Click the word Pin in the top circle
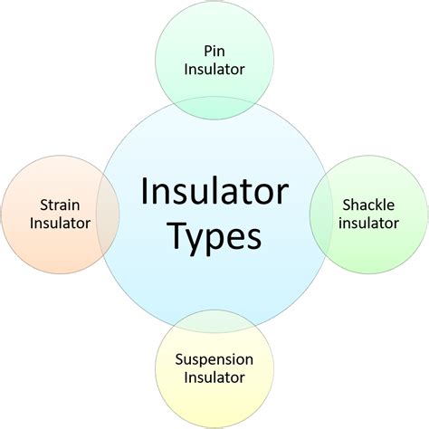tap(214, 51)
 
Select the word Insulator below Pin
tap(214, 69)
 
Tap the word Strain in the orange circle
tap(60, 205)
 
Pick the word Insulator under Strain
tap(60, 224)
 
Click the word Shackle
tap(368, 205)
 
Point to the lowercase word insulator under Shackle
tap(368, 224)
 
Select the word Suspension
tap(214, 360)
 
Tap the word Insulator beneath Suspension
tap(214, 377)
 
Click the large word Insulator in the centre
tap(214, 192)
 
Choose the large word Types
tap(215, 237)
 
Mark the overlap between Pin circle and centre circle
tap(214, 108)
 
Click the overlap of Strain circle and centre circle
tap(108, 214)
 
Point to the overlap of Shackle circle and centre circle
tap(321, 214)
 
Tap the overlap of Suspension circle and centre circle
tap(214, 321)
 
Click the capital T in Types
tap(179, 235)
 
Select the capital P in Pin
tap(208, 51)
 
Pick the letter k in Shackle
tap(376, 205)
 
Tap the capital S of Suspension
tap(179, 359)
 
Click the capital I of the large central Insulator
tap(144, 192)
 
